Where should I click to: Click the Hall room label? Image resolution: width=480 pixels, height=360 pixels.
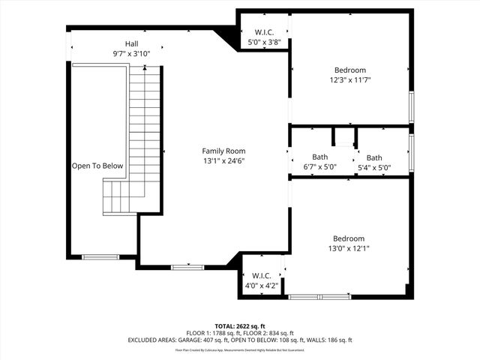click(x=131, y=43)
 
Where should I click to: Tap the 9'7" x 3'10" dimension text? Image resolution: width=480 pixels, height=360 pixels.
click(x=131, y=53)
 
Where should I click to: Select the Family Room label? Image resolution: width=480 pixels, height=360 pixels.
click(x=223, y=151)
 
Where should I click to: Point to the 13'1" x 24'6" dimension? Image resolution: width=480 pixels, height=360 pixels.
click(x=223, y=160)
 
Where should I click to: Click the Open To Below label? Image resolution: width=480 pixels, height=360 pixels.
click(x=97, y=166)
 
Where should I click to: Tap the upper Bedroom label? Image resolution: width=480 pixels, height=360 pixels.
click(x=349, y=70)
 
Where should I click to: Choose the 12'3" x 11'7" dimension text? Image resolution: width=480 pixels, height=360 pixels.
click(x=349, y=79)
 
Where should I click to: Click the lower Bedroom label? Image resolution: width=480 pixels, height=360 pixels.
click(x=349, y=238)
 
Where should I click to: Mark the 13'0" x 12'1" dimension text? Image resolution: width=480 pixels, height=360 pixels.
click(x=349, y=248)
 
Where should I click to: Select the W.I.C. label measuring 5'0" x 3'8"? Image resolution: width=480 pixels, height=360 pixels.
click(x=263, y=32)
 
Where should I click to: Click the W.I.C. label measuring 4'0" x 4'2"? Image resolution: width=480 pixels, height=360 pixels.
click(x=261, y=275)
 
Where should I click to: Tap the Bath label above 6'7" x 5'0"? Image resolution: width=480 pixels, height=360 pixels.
click(x=320, y=157)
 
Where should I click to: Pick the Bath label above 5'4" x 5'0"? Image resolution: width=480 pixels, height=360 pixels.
click(x=374, y=157)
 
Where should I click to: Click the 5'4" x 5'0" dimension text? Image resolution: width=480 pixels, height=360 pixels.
click(x=374, y=166)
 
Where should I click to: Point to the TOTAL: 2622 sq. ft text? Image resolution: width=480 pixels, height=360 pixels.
click(x=239, y=325)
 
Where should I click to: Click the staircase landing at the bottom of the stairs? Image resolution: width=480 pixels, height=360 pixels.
click(x=117, y=197)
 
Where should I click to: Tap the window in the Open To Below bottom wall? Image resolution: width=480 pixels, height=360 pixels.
click(x=100, y=257)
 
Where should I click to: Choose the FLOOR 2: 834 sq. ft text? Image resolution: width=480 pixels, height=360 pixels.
click(x=268, y=333)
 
